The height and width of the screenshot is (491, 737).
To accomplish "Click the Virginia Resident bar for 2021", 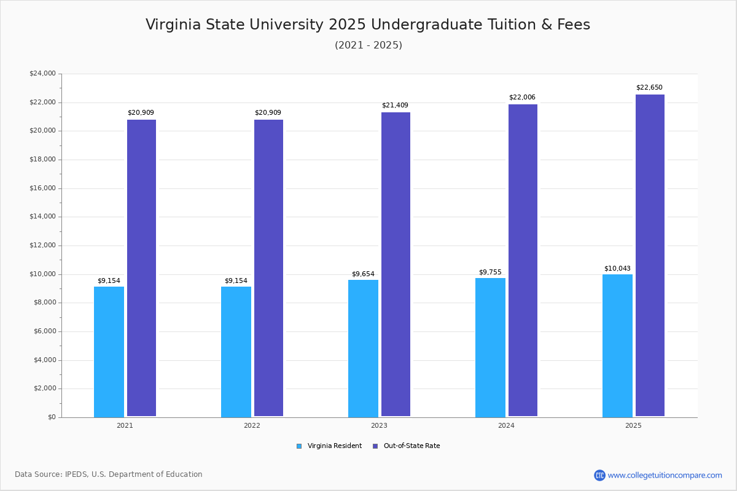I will pyautogui.click(x=109, y=352).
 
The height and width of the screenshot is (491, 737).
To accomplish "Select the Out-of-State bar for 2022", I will pyautogui.click(x=268, y=268).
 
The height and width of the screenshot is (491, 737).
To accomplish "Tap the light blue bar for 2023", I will pyautogui.click(x=363, y=349).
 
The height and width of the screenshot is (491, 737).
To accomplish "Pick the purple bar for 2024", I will pyautogui.click(x=523, y=260).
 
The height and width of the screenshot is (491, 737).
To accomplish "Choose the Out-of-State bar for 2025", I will pyautogui.click(x=650, y=255).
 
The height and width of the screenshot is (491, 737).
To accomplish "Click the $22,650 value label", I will pyautogui.click(x=649, y=88).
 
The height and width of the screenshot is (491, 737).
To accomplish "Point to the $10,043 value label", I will pyautogui.click(x=617, y=269).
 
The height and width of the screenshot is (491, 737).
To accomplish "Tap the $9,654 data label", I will pyautogui.click(x=363, y=274).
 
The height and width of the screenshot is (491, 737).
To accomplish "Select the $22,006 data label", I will pyautogui.click(x=522, y=98).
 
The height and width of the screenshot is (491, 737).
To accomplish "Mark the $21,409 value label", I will pyautogui.click(x=395, y=106).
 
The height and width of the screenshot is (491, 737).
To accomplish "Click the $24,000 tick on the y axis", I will pyautogui.click(x=42, y=74).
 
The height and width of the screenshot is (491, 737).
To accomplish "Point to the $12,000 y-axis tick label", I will pyautogui.click(x=42, y=245).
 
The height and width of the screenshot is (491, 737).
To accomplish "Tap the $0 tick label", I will pyautogui.click(x=51, y=417).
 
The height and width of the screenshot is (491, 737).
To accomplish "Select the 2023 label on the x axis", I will pyautogui.click(x=379, y=425).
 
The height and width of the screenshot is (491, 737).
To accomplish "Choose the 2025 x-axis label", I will pyautogui.click(x=633, y=425).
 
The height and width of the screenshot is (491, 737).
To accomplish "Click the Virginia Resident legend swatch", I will pyautogui.click(x=299, y=446).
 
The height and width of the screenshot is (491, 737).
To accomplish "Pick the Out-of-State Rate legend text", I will pyautogui.click(x=411, y=446).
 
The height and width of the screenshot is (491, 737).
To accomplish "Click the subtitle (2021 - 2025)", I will pyautogui.click(x=368, y=45).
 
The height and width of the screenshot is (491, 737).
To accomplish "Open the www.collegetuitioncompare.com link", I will pyautogui.click(x=665, y=475).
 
